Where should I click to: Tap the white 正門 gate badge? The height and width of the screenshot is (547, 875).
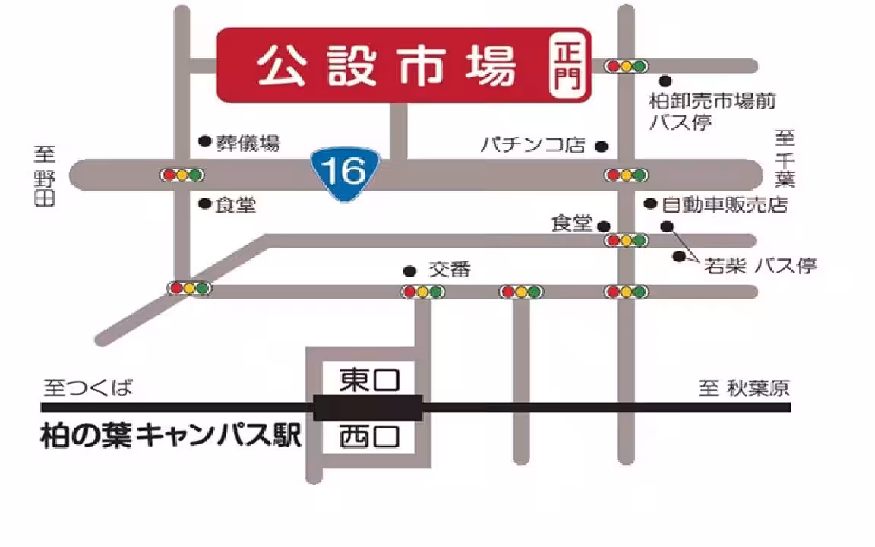[569, 66]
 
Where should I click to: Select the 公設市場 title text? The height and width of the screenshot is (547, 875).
[387, 66]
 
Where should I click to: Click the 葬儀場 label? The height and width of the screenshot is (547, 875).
[248, 142]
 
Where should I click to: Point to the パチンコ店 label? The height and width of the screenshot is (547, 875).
[533, 144]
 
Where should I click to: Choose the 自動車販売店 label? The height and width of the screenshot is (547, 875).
[724, 204]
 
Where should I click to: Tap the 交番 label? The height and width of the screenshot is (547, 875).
[450, 270]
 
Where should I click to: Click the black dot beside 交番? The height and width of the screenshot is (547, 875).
[409, 270]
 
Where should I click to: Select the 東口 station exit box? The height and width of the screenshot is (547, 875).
[369, 378]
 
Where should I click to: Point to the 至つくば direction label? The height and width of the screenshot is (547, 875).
[87, 389]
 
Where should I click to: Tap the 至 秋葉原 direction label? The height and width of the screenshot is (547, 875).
[744, 389]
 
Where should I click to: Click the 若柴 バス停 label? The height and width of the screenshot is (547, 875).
[760, 265]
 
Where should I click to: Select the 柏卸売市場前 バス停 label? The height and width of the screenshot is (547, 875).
[712, 111]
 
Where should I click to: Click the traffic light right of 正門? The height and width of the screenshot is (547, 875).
[627, 66]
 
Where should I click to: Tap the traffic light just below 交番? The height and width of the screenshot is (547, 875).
[422, 291]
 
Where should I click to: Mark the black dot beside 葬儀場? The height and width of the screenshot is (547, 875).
[204, 141]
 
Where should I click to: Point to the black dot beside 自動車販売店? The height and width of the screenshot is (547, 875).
[650, 204]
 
